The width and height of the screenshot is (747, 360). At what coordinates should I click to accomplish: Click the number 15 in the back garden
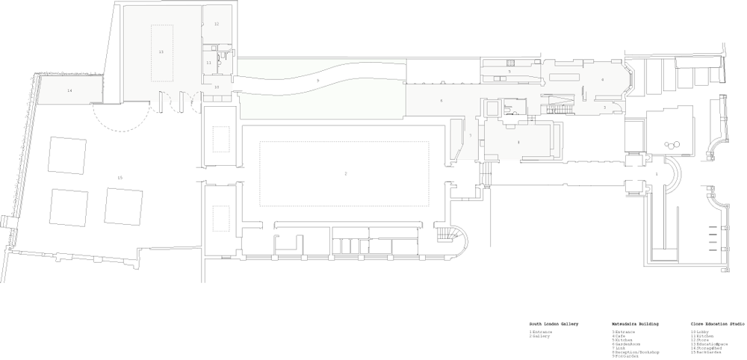pyautogui.click(x=120, y=177)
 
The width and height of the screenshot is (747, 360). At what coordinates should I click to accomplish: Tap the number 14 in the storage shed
pyautogui.click(x=69, y=90)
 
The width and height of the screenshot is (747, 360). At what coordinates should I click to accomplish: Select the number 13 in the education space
pyautogui.click(x=161, y=52)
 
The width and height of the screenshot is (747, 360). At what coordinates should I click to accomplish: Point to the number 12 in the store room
pyautogui.click(x=217, y=24)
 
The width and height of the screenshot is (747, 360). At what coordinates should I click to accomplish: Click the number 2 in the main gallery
pyautogui.click(x=345, y=173)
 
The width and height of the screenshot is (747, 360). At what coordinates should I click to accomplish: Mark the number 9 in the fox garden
pyautogui.click(x=317, y=80)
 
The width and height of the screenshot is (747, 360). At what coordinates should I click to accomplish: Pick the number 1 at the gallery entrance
pyautogui.click(x=657, y=174)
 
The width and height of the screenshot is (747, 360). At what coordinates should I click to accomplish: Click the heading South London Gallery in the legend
pyautogui.click(x=554, y=324)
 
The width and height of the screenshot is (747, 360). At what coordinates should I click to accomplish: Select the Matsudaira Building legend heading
pyautogui.click(x=635, y=324)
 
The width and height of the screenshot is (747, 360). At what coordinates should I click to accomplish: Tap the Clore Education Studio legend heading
pyautogui.click(x=718, y=324)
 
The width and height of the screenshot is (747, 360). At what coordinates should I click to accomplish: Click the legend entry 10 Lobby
pyautogui.click(x=704, y=331)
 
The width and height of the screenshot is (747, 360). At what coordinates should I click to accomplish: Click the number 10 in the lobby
pyautogui.click(x=217, y=87)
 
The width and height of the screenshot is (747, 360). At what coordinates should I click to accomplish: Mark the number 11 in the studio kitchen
pyautogui.click(x=209, y=63)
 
